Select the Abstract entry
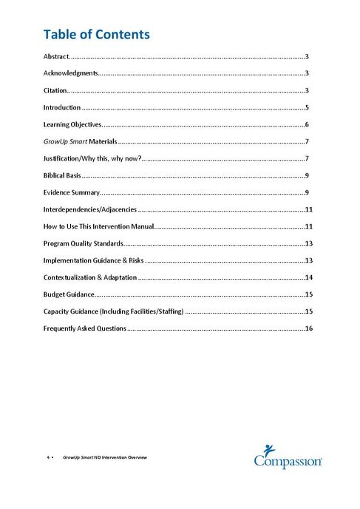[x=55, y=56]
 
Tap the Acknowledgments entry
[x=70, y=73]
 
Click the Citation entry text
[x=55, y=90]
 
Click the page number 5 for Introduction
[x=306, y=107]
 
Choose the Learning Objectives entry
[x=72, y=124]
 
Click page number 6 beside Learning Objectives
[x=306, y=124]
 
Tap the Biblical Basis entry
[x=62, y=176]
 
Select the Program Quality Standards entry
[x=83, y=244]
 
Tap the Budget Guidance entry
[x=68, y=295]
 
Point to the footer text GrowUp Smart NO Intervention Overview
[x=105, y=458]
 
